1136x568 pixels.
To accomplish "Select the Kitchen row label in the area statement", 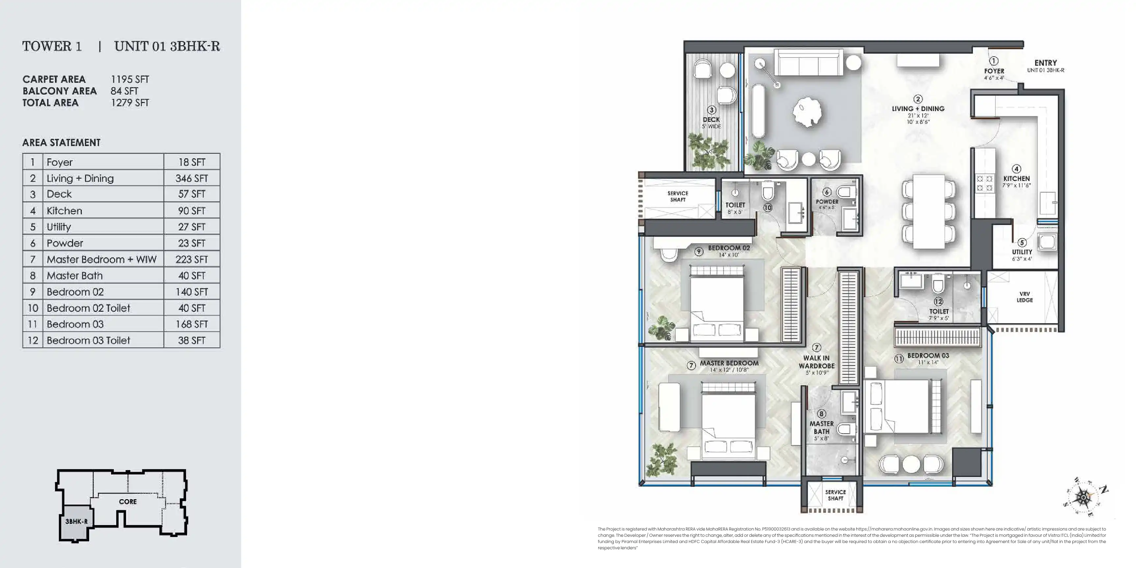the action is [x=64, y=211].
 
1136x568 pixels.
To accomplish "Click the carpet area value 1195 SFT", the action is [x=130, y=79].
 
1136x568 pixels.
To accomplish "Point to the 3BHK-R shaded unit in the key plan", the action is [x=75, y=523].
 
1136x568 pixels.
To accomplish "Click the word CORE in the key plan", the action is [x=128, y=501].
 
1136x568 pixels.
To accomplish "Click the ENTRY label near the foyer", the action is [x=1045, y=63].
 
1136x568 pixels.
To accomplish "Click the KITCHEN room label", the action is [x=1016, y=178].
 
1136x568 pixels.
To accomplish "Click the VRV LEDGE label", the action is [x=1025, y=297].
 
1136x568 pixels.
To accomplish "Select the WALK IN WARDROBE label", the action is [x=816, y=362].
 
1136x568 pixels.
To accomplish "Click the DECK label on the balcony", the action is [x=711, y=120].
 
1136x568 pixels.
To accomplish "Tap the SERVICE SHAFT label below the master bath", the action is [x=835, y=495].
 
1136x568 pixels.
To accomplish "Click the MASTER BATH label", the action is [x=821, y=427].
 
